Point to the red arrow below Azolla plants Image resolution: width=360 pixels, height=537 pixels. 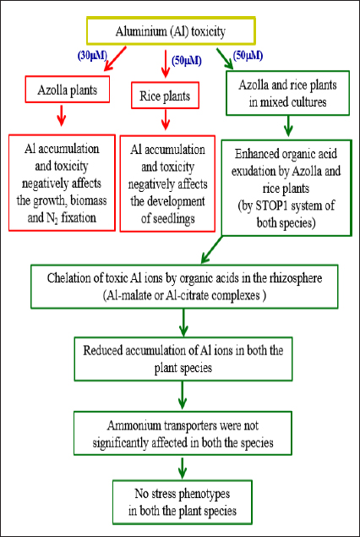[x=62, y=115]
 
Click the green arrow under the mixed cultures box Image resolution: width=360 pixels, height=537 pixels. [x=289, y=125]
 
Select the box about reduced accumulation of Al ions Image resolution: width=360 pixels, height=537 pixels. [x=183, y=359]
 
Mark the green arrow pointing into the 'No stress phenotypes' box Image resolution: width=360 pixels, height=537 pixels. [x=183, y=468]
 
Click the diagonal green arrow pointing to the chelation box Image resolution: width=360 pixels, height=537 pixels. [x=213, y=249]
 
